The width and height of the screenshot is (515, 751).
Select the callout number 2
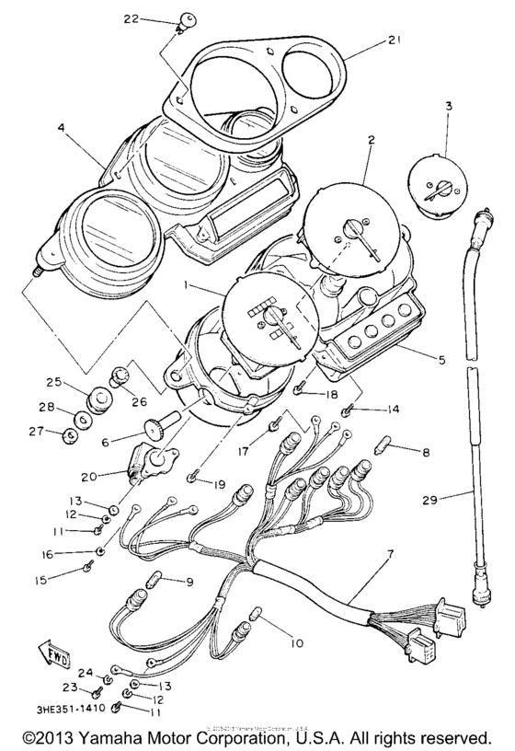pyautogui.click(x=371, y=141)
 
